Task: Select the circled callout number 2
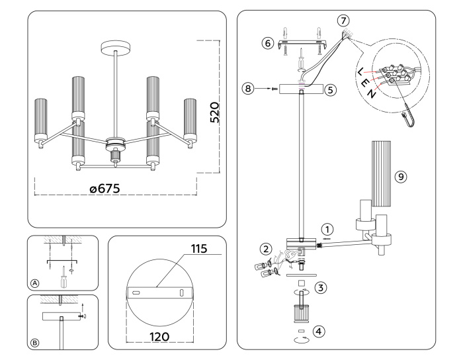pyautogui.click(x=266, y=249)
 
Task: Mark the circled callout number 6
pyautogui.click(x=268, y=43)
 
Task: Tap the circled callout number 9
pyautogui.click(x=400, y=177)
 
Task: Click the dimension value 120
pyautogui.click(x=159, y=336)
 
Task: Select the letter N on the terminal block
pyautogui.click(x=374, y=94)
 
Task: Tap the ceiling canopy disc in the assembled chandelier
pyautogui.click(x=116, y=48)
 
